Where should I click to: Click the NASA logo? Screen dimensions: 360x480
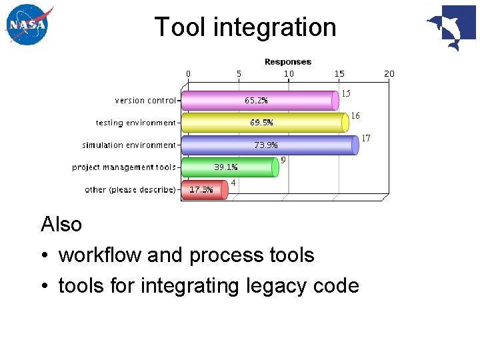(27, 26)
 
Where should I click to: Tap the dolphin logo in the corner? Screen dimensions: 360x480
(451, 27)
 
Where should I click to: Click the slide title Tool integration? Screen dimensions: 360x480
(245, 27)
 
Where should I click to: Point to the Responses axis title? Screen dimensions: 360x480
(288, 62)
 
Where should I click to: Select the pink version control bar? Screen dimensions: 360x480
(260, 101)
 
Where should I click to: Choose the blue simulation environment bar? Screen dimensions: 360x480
(269, 145)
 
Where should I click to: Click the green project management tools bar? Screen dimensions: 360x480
(230, 167)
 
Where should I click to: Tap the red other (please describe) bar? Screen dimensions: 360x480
(205, 189)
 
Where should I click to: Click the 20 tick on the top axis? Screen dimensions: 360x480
(389, 73)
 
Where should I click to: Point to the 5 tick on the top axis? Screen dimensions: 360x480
(239, 73)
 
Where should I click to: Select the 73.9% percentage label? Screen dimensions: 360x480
(266, 145)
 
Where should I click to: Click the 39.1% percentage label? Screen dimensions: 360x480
(225, 167)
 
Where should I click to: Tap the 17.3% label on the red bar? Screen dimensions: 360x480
(201, 189)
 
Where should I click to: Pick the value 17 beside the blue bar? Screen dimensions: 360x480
(366, 138)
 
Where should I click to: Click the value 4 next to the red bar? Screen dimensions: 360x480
(233, 183)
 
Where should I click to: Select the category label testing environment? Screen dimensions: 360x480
(135, 123)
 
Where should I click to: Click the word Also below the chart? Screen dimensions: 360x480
(61, 225)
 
